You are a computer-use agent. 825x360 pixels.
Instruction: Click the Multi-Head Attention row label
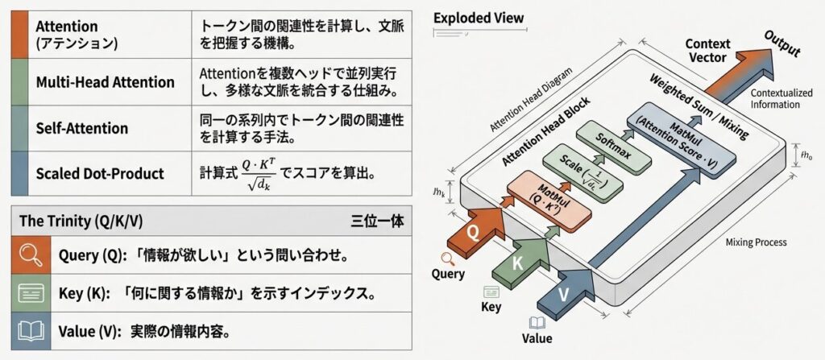point(105,82)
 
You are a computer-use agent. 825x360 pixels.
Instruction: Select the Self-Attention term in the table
point(81,128)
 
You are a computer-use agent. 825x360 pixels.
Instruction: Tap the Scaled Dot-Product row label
point(100,173)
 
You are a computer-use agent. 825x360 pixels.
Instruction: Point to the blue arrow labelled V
point(566,293)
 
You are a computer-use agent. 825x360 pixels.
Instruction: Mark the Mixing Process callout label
point(756,242)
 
